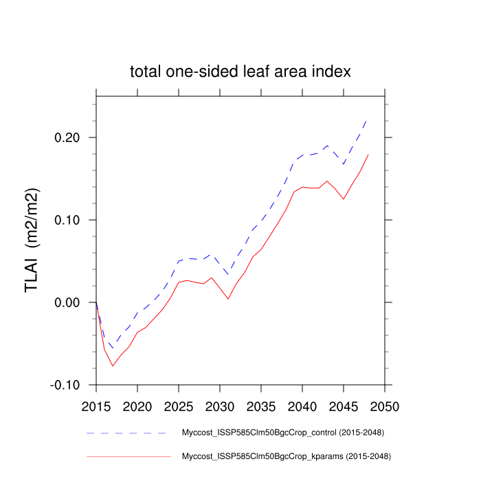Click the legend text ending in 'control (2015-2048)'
click(282, 433)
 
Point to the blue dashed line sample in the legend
click(127, 434)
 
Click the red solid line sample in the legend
click(127, 456)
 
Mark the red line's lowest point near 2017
click(113, 366)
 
